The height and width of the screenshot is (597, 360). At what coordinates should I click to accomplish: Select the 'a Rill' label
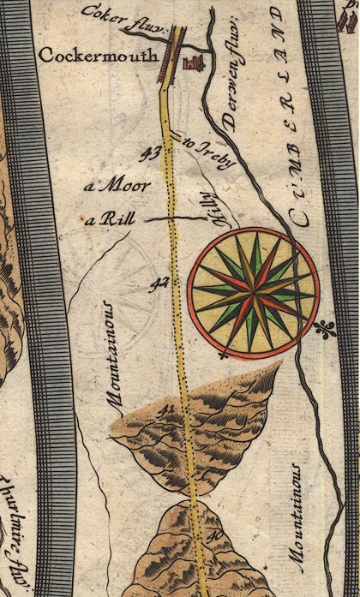pyautogui.click(x=105, y=220)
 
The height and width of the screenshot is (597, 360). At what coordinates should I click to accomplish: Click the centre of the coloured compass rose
pyautogui.click(x=254, y=296)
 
